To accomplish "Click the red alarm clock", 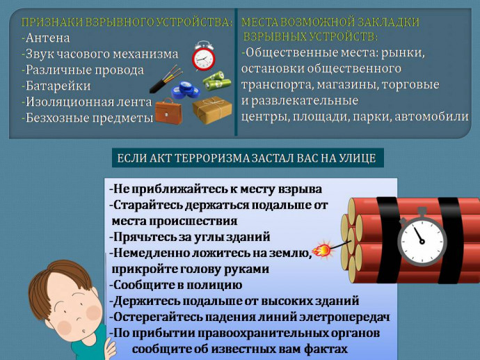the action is tap(203, 56).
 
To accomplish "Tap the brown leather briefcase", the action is tap(168, 111).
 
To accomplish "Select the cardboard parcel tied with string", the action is tap(212, 110).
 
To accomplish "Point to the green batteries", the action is tap(217, 81).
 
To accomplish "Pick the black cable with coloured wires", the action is tap(166, 79).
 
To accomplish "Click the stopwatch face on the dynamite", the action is tap(422, 241).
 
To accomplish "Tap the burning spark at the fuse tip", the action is tap(323, 250).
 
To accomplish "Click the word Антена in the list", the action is tap(48, 38).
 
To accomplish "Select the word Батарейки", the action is tap(58, 86).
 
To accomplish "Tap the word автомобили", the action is tap(431, 117).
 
